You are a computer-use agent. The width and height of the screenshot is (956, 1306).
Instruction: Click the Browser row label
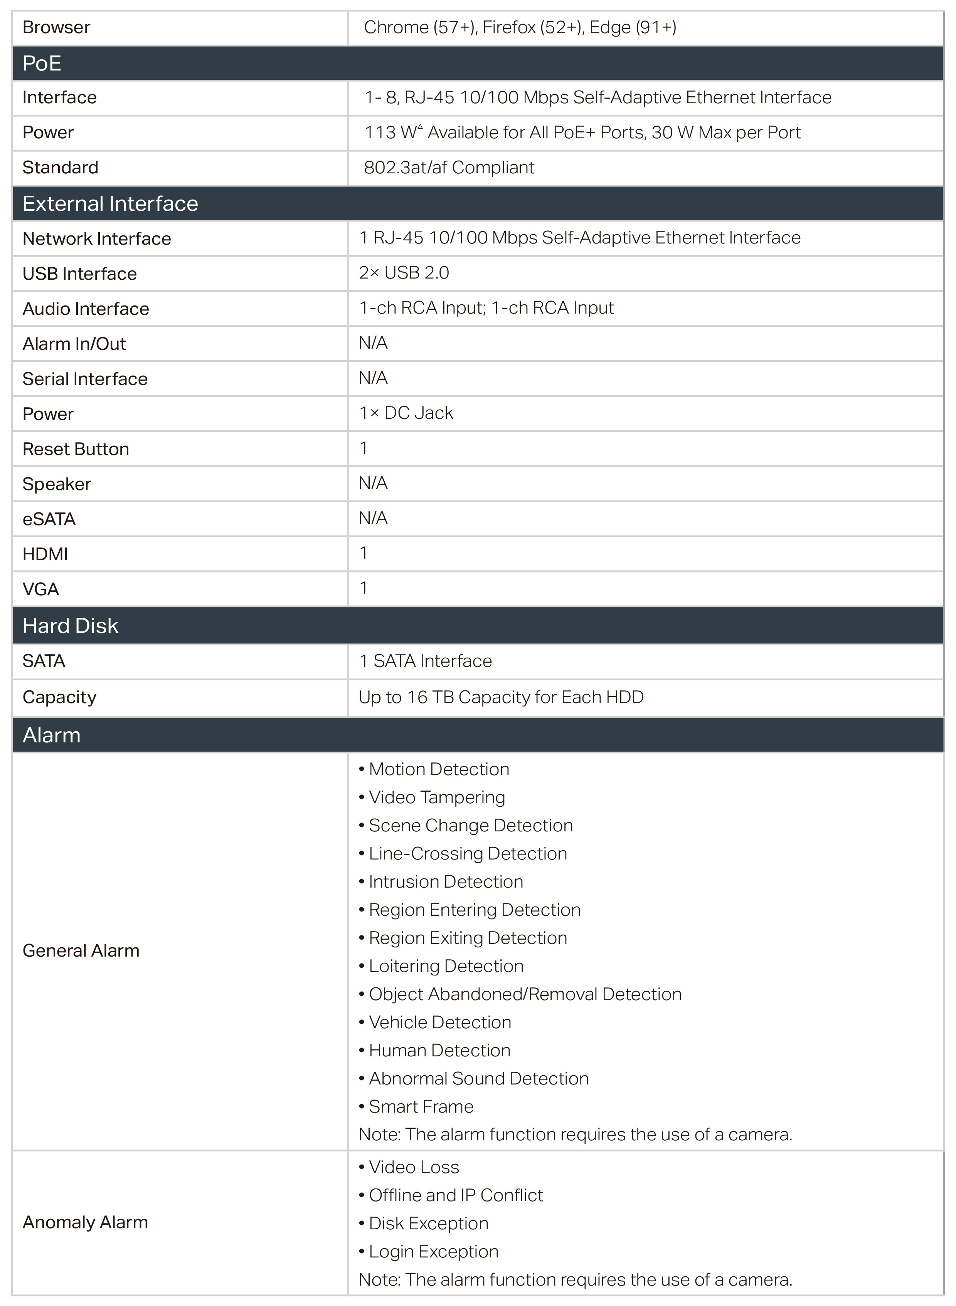point(56,27)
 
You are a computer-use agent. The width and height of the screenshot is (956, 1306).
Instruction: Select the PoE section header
point(42,63)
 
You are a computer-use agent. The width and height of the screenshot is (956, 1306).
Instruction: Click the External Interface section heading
point(110,203)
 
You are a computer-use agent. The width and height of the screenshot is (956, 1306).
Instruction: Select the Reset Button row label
point(76,449)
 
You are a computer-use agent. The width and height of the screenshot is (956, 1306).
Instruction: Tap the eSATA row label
point(49,519)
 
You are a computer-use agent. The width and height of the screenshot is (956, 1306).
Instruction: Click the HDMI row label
point(45,554)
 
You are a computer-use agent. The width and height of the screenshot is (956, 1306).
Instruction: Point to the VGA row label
point(40,589)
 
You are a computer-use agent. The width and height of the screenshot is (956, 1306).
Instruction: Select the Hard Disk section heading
point(70,625)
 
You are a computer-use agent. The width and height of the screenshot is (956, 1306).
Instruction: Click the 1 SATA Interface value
point(425,661)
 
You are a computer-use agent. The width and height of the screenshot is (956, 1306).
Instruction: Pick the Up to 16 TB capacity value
point(501,697)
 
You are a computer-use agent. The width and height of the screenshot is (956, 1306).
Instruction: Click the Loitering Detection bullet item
point(446,965)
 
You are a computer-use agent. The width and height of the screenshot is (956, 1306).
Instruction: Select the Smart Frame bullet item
point(421,1106)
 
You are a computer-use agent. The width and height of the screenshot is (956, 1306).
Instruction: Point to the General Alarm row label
point(81,950)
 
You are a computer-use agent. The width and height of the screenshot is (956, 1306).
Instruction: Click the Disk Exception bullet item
point(428,1223)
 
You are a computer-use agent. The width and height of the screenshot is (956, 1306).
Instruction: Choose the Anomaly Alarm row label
point(85,1222)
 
